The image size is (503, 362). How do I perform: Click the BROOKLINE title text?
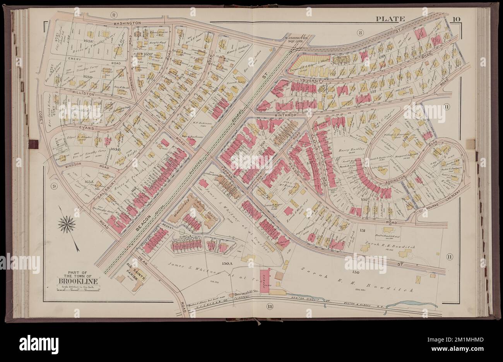[75, 281]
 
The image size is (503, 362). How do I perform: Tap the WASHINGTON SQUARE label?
[296, 40]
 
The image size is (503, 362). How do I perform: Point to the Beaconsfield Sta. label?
[247, 294]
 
